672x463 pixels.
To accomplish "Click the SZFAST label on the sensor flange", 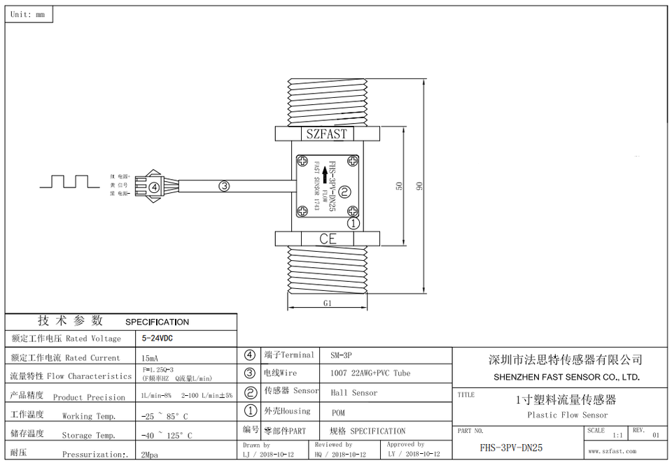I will [x=327, y=134].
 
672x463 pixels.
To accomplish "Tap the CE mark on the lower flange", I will [x=328, y=238].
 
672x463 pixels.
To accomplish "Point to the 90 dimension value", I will [x=420, y=186].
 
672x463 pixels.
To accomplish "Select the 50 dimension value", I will [x=399, y=186].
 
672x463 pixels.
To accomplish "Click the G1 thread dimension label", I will [x=327, y=303].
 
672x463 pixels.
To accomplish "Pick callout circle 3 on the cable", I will [x=224, y=186].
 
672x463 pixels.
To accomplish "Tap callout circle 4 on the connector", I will [x=155, y=186].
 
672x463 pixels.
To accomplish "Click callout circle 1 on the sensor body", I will [x=353, y=224].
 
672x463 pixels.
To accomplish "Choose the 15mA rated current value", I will [x=150, y=357].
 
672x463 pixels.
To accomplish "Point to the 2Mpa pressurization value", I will [x=149, y=454].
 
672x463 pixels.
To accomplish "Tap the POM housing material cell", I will [x=338, y=413].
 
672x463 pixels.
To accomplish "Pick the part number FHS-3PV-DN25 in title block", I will [x=511, y=448].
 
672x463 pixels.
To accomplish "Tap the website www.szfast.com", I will [x=612, y=451].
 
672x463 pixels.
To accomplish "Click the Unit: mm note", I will [x=28, y=14].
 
